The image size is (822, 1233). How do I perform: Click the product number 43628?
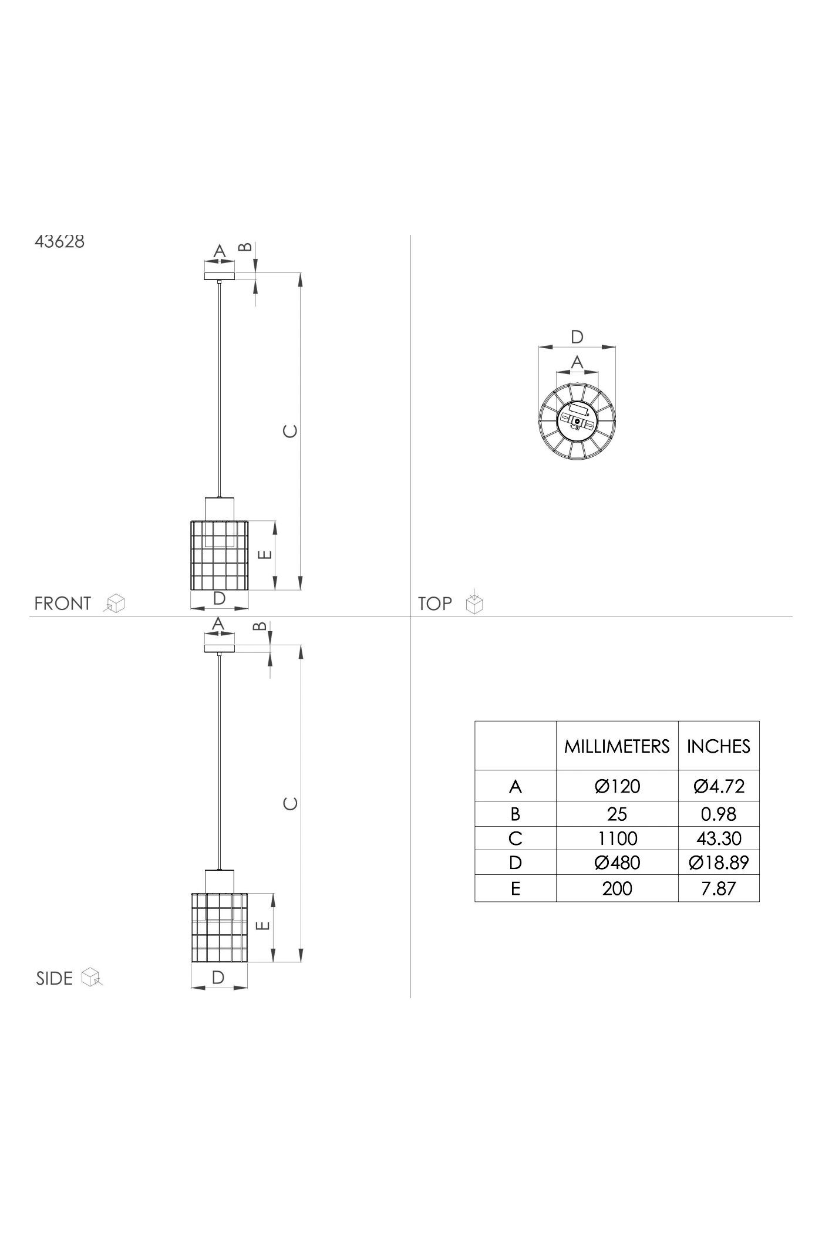pyautogui.click(x=59, y=242)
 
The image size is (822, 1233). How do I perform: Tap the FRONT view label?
pyautogui.click(x=63, y=604)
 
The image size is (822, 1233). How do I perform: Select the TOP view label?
pyautogui.click(x=435, y=604)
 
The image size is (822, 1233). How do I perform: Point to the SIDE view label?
pyautogui.click(x=55, y=978)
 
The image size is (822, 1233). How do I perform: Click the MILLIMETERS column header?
pyautogui.click(x=617, y=746)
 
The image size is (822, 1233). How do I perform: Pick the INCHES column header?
pyautogui.click(x=719, y=746)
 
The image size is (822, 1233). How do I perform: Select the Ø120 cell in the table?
pyautogui.click(x=617, y=786)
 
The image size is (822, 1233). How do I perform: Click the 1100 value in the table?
pyautogui.click(x=617, y=838)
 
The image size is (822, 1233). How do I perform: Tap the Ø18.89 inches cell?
pyautogui.click(x=719, y=863)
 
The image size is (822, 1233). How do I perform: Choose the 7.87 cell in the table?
pyautogui.click(x=719, y=888)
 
